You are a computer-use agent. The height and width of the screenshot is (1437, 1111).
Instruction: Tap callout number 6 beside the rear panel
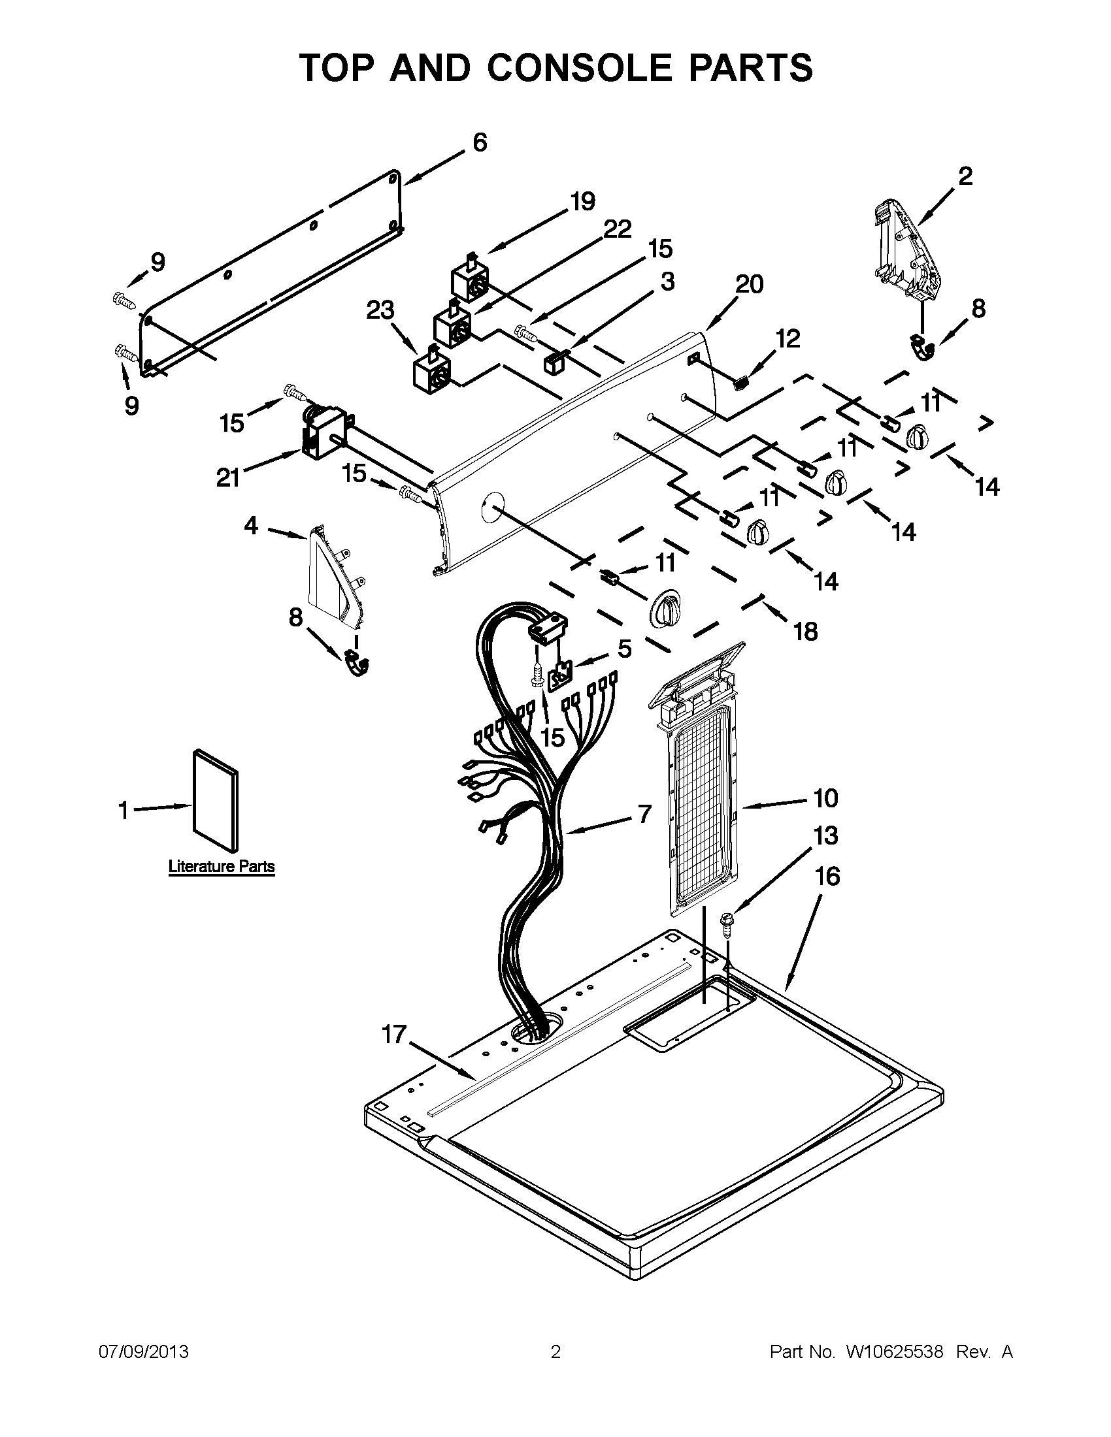[x=480, y=142]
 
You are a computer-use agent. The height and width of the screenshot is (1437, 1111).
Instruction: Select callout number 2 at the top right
[x=965, y=176]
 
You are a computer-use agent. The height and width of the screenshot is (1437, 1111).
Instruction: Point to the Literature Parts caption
[x=221, y=866]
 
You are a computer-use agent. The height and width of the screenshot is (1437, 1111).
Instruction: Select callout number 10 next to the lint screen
[x=825, y=798]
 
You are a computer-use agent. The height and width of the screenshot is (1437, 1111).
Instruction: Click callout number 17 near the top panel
[x=394, y=1035]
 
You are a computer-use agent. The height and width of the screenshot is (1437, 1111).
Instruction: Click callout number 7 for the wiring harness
[x=644, y=814]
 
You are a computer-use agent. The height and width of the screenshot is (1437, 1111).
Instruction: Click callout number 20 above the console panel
[x=749, y=284]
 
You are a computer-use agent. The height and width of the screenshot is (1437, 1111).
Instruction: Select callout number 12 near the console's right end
[x=788, y=338]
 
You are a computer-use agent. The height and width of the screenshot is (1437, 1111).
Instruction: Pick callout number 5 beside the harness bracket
[x=624, y=648]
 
